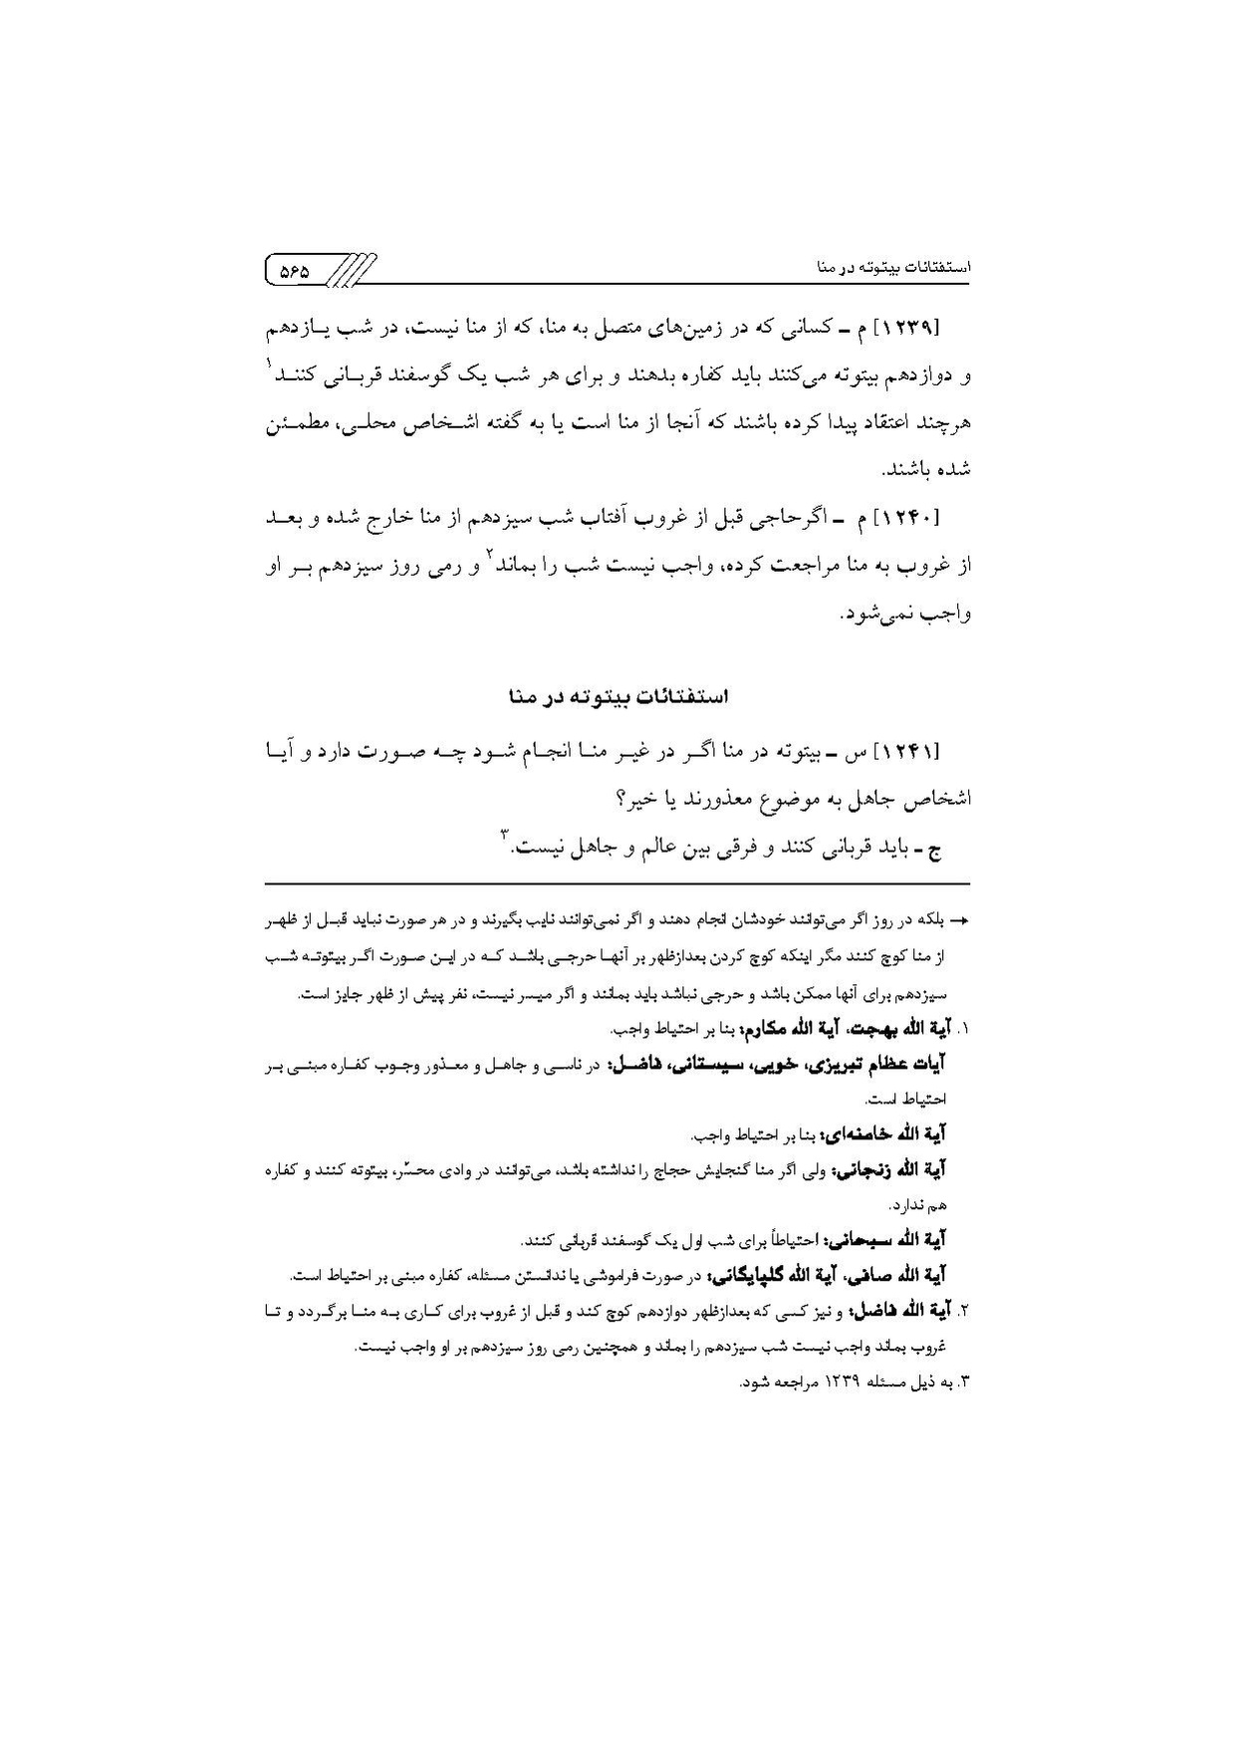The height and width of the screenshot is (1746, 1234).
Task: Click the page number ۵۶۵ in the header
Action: click(294, 270)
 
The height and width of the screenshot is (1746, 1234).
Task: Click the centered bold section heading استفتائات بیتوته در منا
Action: click(617, 696)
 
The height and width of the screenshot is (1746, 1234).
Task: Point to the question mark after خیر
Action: click(619, 798)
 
